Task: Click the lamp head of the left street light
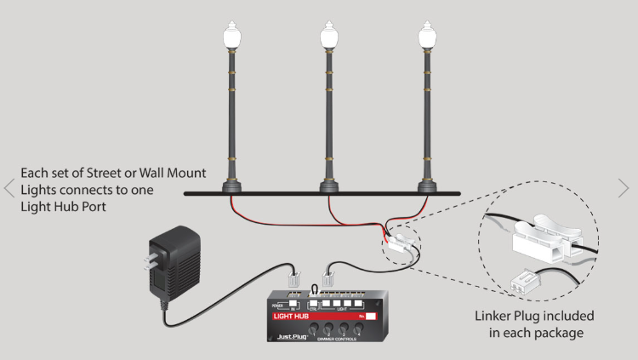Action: point(230,37)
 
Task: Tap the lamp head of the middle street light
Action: point(328,37)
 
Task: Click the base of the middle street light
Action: point(328,185)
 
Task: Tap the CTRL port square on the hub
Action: point(315,302)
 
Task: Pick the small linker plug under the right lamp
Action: point(401,246)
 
